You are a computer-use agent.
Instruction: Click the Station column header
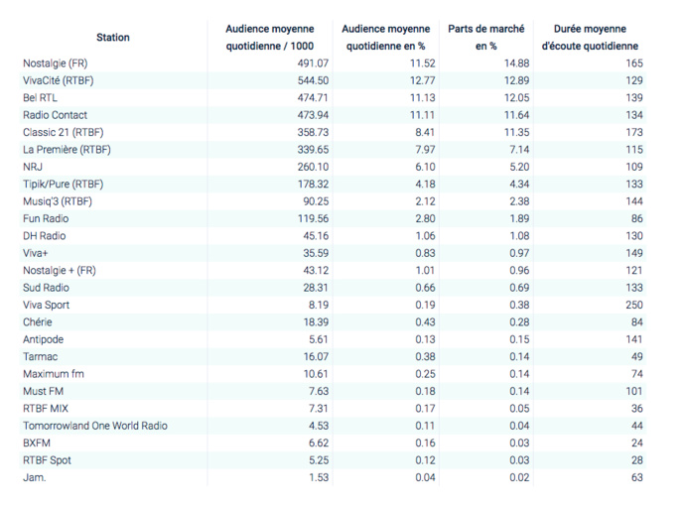(x=113, y=38)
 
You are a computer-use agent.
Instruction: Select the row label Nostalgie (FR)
(x=55, y=63)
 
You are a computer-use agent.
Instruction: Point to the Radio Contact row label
(x=55, y=115)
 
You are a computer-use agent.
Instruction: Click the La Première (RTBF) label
(x=67, y=150)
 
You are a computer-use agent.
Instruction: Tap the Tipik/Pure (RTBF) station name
(x=63, y=185)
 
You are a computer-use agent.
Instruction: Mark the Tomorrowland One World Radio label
(x=95, y=426)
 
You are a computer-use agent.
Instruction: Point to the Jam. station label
(x=34, y=477)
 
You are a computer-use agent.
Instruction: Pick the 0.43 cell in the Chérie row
(x=421, y=322)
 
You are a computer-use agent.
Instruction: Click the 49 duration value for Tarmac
(x=631, y=356)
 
